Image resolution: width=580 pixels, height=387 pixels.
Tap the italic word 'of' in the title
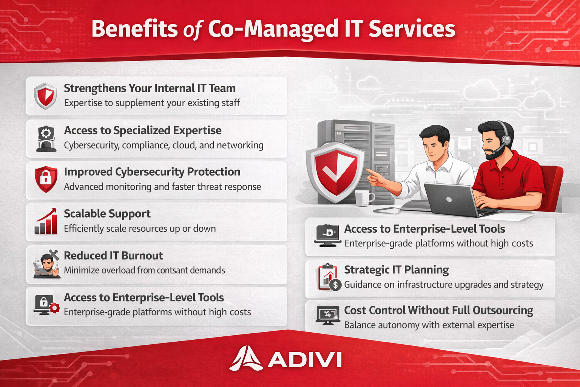point(192,31)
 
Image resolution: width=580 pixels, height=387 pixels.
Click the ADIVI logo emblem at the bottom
point(246,358)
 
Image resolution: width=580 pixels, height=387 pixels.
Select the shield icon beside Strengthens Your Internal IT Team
point(45,96)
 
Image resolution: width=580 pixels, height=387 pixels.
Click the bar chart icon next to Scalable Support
point(46,221)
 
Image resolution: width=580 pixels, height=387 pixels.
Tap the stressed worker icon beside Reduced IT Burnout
point(46,264)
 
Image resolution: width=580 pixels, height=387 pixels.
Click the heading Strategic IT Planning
point(396,270)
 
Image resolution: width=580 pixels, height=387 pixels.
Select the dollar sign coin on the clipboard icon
point(336,285)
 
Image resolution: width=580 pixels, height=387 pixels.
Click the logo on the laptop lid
point(449,200)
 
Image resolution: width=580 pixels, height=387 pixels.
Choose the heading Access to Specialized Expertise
point(143,130)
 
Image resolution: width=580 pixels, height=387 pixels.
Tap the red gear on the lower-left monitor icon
point(54,308)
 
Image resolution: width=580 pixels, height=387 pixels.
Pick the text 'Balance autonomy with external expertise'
point(429,325)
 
